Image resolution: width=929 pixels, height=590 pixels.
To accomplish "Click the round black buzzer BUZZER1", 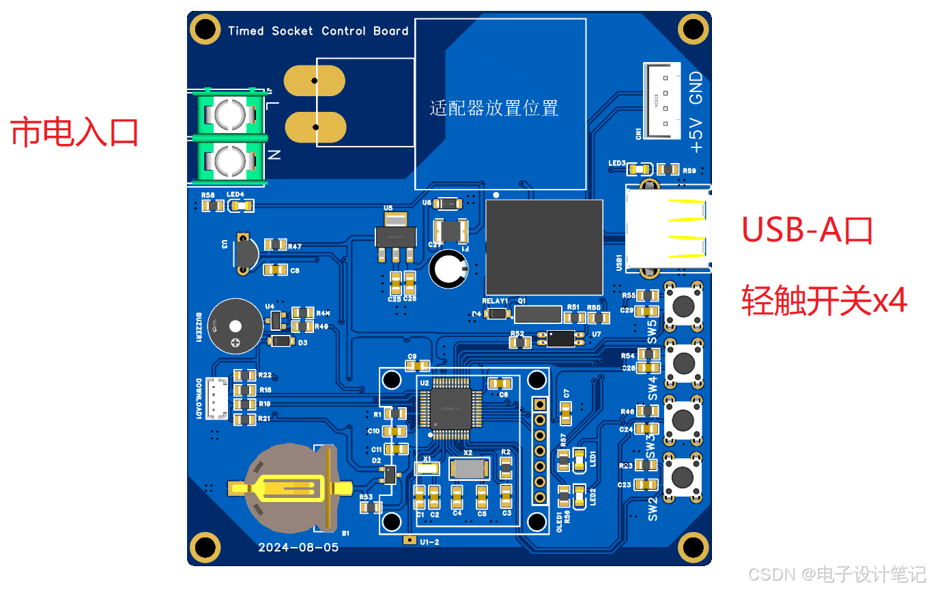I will tap(235, 326).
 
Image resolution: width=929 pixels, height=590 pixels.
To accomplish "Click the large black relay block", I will tap(544, 247).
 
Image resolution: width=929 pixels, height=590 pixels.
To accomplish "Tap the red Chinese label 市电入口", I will tap(74, 132).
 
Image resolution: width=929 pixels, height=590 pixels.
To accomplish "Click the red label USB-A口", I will tap(807, 231).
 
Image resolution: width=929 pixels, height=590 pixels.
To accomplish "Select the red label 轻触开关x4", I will tap(824, 299).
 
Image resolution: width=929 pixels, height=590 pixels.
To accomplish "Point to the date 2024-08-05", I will tap(298, 547).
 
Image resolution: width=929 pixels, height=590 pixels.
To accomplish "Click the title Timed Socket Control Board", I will tap(318, 31).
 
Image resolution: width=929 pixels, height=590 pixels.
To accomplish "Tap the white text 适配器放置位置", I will tap(494, 108).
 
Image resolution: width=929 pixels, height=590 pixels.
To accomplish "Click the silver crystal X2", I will tap(468, 469).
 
